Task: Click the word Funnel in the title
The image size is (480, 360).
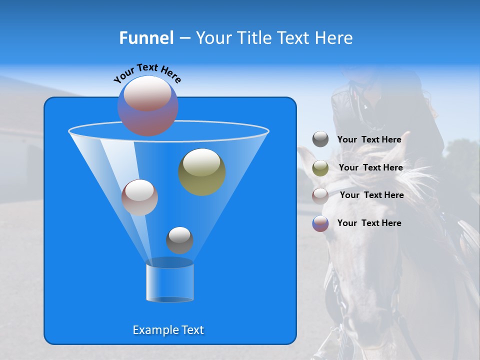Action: [x=146, y=38]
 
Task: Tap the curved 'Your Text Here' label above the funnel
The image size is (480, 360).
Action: [x=147, y=72]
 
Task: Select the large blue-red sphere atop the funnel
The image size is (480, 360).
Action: [x=148, y=106]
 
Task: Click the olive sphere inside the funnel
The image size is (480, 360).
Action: [x=202, y=172]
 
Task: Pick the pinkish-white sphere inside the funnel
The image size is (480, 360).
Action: [x=139, y=197]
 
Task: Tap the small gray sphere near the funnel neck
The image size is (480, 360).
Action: [x=179, y=240]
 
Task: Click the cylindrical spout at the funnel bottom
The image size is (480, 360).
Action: [x=169, y=282]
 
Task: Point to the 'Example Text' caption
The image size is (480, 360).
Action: [x=168, y=330]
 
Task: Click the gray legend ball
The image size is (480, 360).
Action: [x=320, y=139]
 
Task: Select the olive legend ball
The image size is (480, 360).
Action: [x=320, y=168]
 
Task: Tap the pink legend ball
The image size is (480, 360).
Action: [x=320, y=195]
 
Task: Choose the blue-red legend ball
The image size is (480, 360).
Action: [x=320, y=223]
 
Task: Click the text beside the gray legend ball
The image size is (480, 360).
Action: [x=369, y=139]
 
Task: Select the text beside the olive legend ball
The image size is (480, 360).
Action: [x=370, y=167]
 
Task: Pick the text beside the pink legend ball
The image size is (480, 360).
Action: [x=371, y=195]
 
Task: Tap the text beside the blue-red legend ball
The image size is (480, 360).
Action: [x=369, y=223]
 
